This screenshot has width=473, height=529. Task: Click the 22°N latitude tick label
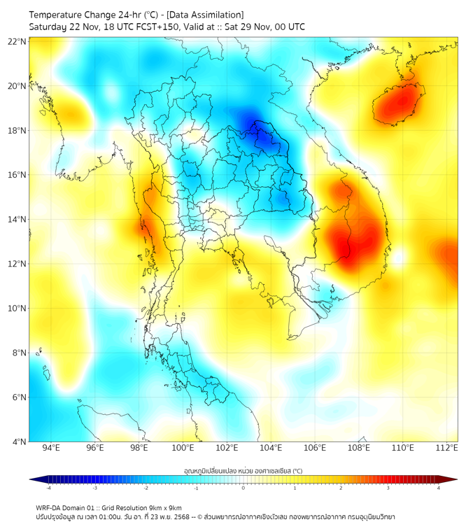point(17,41)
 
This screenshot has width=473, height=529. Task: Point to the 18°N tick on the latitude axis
point(17,130)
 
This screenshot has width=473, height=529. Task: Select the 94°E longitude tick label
point(51,448)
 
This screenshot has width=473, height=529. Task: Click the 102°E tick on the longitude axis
point(227,448)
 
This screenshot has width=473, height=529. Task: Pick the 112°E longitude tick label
point(446,448)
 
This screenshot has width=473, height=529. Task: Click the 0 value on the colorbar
point(243,488)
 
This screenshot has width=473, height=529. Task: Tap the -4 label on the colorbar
point(48,488)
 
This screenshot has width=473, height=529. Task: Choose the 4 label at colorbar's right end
point(439,488)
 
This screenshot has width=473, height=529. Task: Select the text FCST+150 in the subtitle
point(145,27)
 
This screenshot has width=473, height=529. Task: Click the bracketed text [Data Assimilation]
point(205,14)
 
